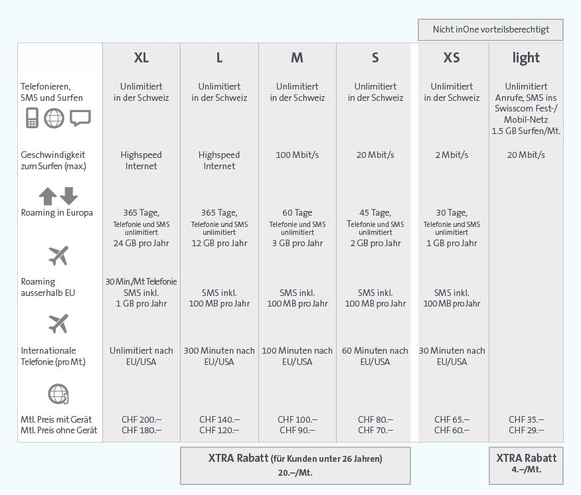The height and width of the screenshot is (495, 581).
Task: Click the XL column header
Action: click(141, 58)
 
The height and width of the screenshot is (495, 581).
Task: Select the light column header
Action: click(526, 58)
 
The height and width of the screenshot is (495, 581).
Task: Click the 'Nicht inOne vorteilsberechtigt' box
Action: click(491, 30)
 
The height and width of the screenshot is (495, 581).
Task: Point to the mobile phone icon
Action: click(31, 119)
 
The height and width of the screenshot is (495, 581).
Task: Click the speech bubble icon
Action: click(80, 118)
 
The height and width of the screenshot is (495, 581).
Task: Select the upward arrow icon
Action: click(47, 196)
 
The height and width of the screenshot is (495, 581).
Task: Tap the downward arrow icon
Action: click(69, 196)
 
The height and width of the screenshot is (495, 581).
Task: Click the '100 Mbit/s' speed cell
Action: click(297, 155)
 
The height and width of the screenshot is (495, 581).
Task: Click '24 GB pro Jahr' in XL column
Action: click(141, 243)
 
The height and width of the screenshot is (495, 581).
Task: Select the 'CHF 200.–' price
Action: click(141, 419)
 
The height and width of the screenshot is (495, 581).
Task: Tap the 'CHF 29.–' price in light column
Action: click(526, 430)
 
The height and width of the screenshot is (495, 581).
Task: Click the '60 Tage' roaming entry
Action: click(297, 212)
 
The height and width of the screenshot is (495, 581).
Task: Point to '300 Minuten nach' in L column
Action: click(219, 350)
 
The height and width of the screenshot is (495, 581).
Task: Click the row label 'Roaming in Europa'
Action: click(57, 212)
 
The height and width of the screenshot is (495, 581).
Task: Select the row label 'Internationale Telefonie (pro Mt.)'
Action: click(53, 356)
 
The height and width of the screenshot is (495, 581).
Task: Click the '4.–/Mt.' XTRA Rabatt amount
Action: click(526, 469)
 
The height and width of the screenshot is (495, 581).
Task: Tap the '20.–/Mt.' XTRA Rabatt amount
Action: click(295, 473)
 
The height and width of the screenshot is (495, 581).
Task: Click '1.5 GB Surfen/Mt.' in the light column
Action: click(526, 131)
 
